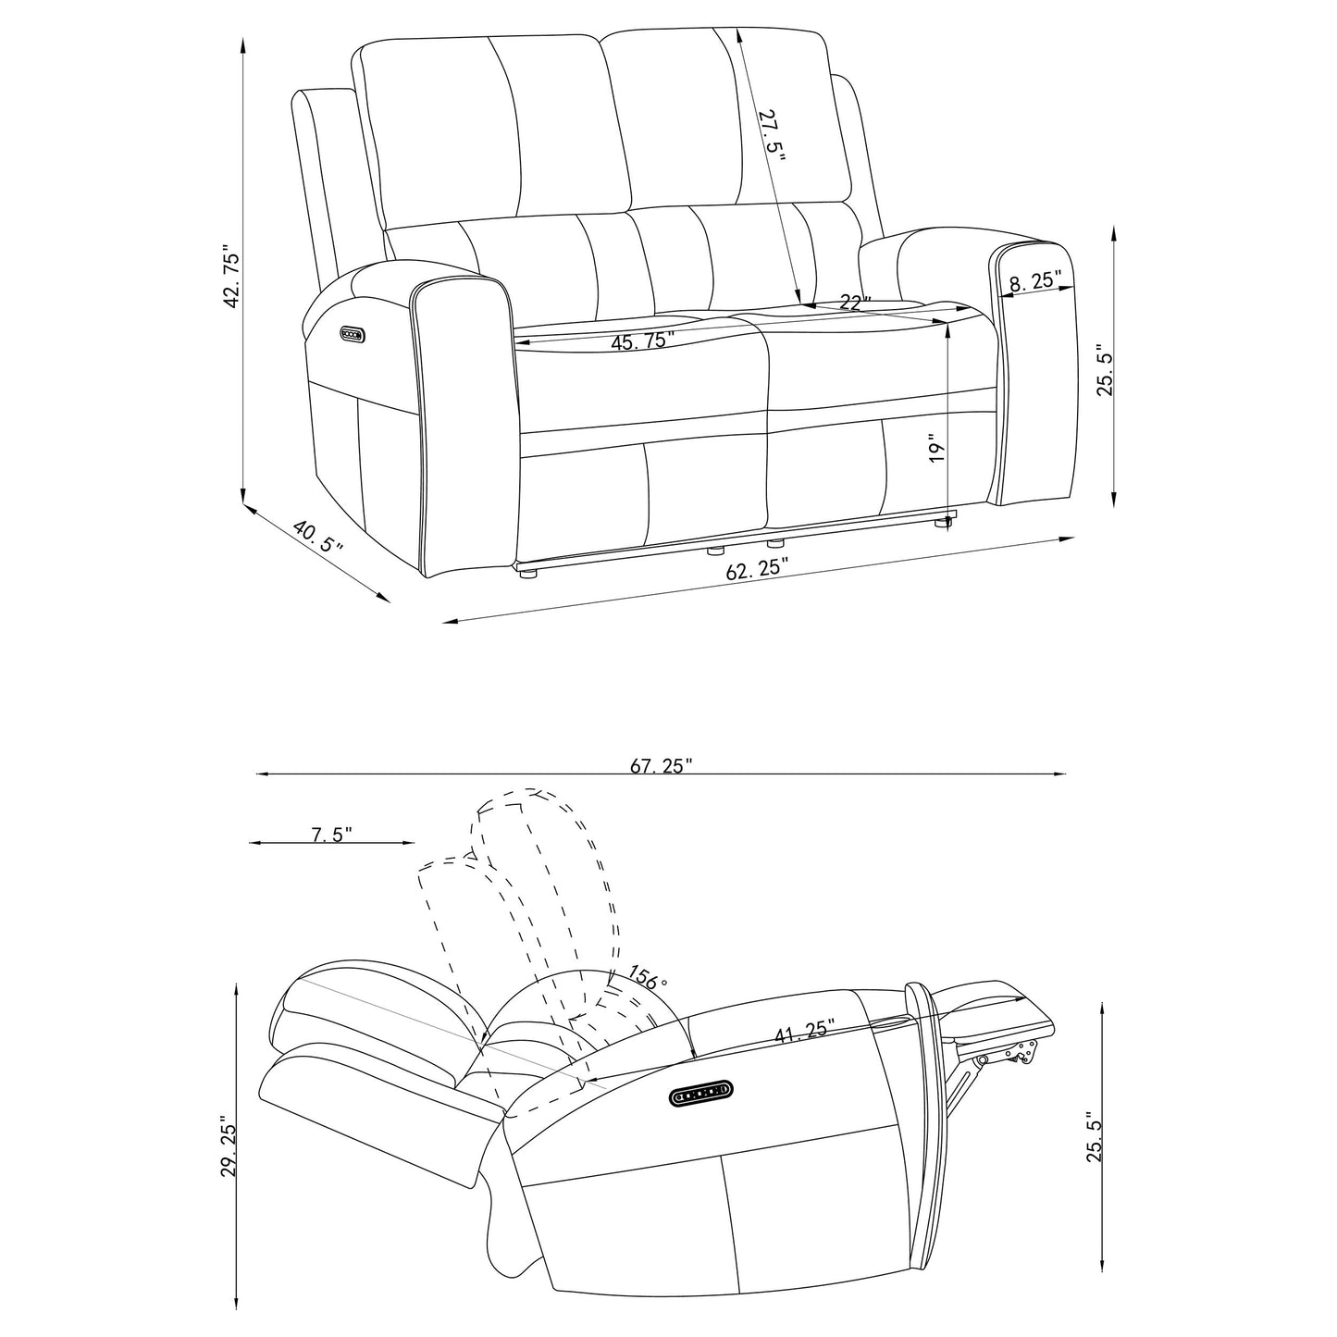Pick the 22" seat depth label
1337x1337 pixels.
click(856, 302)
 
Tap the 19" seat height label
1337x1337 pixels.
click(938, 451)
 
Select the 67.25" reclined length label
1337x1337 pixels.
click(661, 764)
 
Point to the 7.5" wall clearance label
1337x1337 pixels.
click(330, 835)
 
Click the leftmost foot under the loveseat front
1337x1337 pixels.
click(529, 574)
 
